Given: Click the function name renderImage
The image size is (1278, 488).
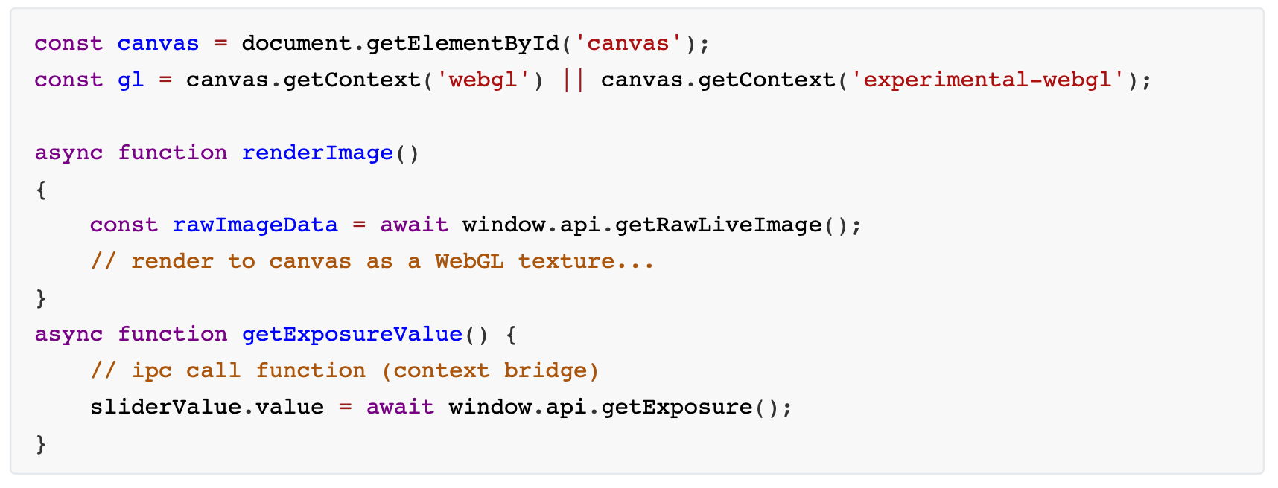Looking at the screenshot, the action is pyautogui.click(x=317, y=152).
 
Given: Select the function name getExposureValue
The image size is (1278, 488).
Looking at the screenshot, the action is pyautogui.click(x=352, y=334).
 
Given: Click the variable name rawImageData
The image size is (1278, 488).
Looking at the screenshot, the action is pyautogui.click(x=255, y=225).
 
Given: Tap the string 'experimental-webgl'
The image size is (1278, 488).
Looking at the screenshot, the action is pyautogui.click(x=988, y=80).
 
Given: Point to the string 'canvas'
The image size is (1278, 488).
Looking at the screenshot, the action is pyautogui.click(x=628, y=43).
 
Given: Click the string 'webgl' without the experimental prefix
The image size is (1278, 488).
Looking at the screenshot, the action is pyautogui.click(x=483, y=80).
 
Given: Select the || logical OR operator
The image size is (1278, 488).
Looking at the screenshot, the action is pyautogui.click(x=573, y=80).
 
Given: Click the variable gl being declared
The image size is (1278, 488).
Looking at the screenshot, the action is pyautogui.click(x=130, y=80).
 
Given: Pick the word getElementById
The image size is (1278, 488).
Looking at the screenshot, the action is pyautogui.click(x=462, y=43).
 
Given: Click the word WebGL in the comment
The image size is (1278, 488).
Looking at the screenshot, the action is pyautogui.click(x=469, y=261).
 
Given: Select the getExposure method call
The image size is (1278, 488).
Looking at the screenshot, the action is pyautogui.click(x=676, y=407).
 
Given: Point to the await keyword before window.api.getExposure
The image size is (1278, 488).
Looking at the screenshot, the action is pyautogui.click(x=400, y=407).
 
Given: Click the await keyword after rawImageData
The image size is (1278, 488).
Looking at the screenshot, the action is pyautogui.click(x=414, y=225).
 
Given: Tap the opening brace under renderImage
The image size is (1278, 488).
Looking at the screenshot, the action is pyautogui.click(x=41, y=190).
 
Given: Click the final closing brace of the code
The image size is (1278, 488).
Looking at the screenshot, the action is pyautogui.click(x=41, y=444).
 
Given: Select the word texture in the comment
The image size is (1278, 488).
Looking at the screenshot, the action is pyautogui.click(x=566, y=261).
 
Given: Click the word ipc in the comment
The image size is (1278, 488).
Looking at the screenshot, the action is pyautogui.click(x=152, y=371).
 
